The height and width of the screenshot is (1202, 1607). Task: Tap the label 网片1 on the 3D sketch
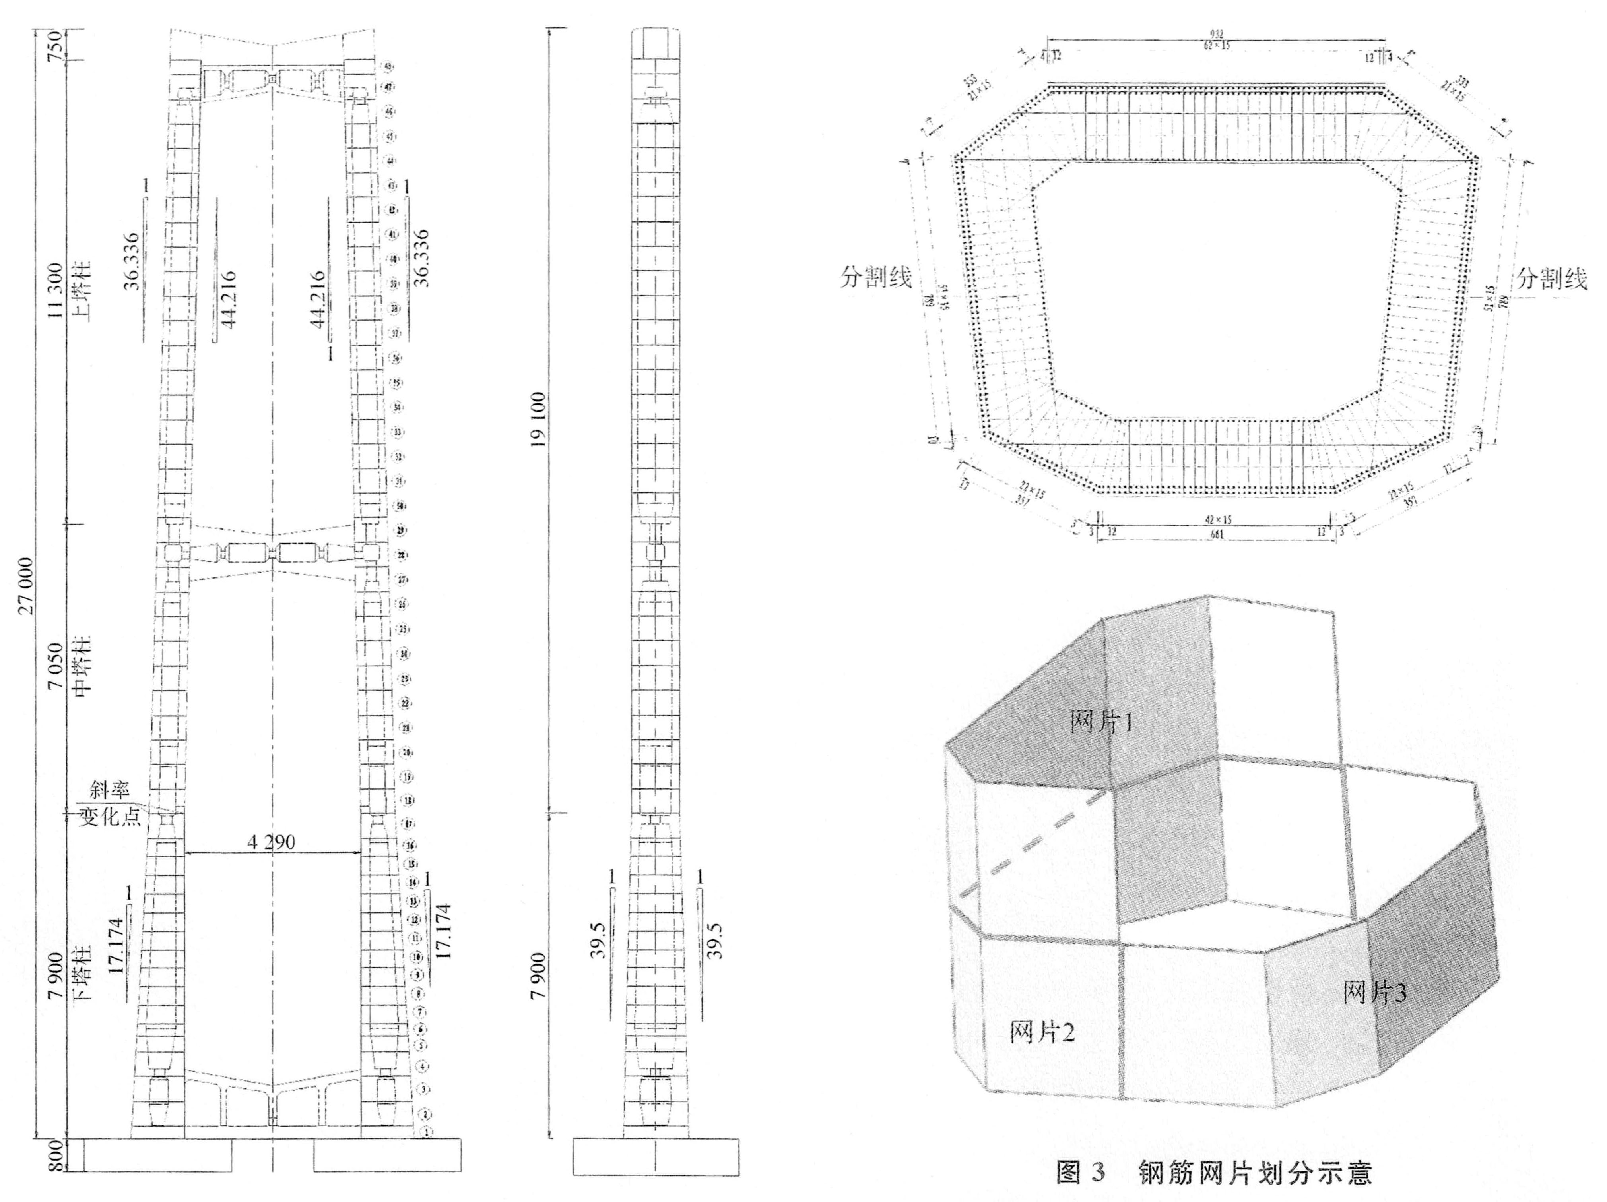tap(1101, 721)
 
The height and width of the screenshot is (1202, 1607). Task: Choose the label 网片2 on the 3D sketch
tap(1042, 1031)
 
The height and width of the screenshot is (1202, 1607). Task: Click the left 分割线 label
tap(875, 277)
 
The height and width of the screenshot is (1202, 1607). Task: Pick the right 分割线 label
tap(1551, 279)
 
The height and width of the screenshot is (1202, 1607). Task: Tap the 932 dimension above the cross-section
tap(1216, 33)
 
